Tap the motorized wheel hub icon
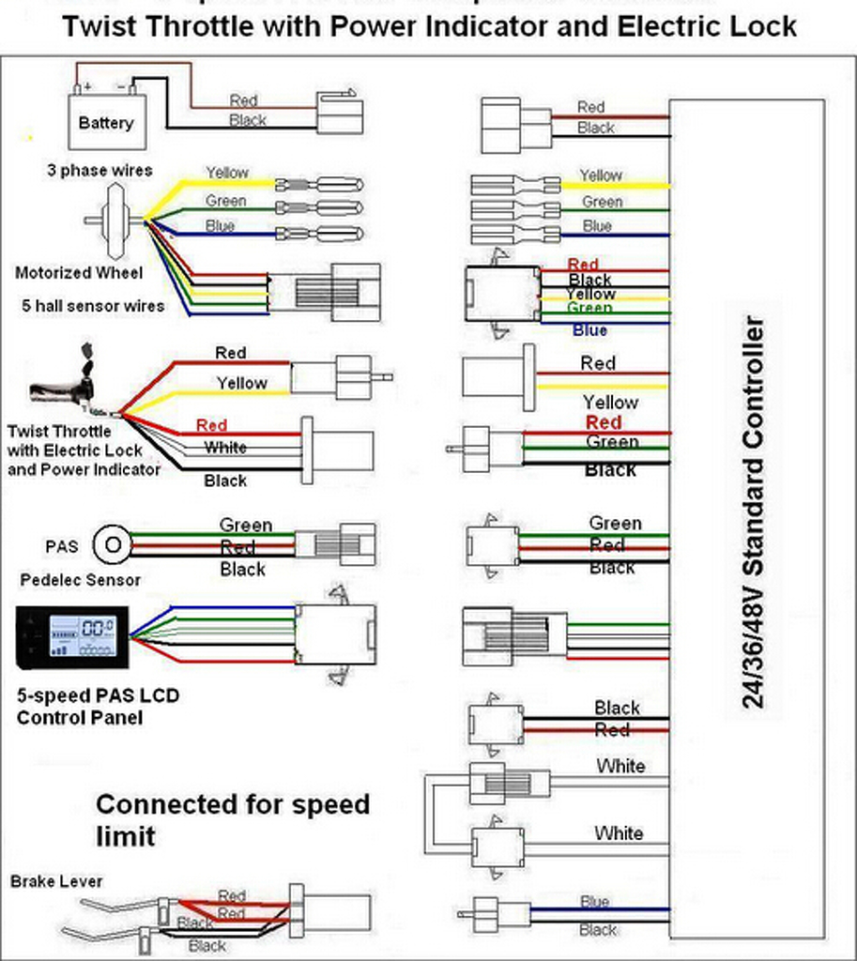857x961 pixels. pos(118,221)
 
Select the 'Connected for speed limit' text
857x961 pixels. pos(233,819)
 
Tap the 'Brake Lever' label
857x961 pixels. pos(56,881)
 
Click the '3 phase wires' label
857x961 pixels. pos(99,171)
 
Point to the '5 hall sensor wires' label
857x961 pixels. pos(93,306)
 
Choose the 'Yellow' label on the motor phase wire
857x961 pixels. pos(227,173)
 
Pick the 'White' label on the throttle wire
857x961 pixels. pos(225,448)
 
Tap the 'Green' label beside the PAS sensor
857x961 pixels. pos(246,525)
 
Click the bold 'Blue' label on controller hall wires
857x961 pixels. pos(589,330)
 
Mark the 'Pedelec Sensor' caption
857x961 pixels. pos(81,580)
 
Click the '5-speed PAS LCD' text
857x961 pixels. pos(97,696)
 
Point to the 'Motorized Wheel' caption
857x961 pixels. pos(79,273)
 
